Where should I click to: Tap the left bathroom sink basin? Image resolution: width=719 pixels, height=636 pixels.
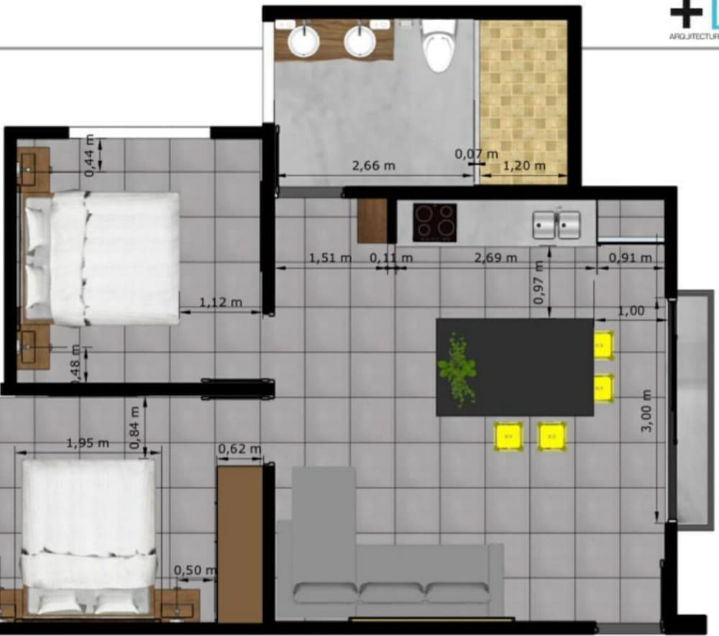pos(303,40)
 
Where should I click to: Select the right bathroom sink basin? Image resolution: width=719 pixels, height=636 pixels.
pos(359,40)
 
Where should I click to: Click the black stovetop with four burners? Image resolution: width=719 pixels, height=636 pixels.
pos(434,222)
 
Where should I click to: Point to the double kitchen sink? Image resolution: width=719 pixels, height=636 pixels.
pos(557,224)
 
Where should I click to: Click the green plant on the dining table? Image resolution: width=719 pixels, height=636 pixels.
pos(457,368)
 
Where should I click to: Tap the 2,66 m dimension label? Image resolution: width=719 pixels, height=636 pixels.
pos(374,165)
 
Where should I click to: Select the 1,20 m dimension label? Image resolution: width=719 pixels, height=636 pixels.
pos(523,166)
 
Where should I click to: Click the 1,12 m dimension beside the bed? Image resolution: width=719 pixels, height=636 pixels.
pos(220,302)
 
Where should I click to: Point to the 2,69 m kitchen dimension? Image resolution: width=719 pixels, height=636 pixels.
pos(495,258)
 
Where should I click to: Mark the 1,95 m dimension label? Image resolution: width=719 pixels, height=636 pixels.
pos(88,443)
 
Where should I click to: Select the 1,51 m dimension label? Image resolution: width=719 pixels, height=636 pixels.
pos(330,258)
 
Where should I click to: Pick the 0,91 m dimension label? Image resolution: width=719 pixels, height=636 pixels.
pos(630,258)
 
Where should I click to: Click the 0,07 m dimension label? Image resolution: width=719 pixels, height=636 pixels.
pos(476,153)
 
